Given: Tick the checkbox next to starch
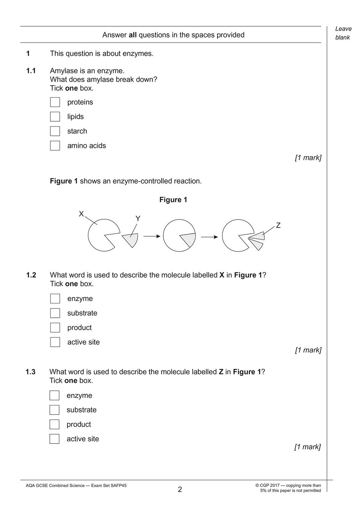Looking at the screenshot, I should [x=55, y=131].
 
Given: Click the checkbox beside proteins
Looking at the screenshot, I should [x=55, y=102].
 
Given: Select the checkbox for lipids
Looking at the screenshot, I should [x=55, y=117].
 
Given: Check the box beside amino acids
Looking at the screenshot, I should [x=55, y=146].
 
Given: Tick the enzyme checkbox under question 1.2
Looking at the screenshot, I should [x=55, y=299].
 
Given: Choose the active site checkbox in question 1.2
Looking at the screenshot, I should [x=55, y=342].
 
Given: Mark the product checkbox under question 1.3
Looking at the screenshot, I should [x=54, y=424].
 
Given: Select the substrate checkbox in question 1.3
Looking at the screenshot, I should [x=54, y=410].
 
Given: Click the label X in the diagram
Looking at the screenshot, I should [x=81, y=214].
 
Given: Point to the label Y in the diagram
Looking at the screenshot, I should [x=138, y=219].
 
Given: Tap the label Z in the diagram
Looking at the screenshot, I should [x=278, y=225].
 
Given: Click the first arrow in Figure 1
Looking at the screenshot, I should [x=152, y=236].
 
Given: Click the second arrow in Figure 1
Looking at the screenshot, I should [x=210, y=237].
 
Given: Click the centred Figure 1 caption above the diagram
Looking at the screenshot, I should [x=173, y=200].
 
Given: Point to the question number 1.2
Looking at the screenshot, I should [x=31, y=275].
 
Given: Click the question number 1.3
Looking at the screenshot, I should [x=30, y=372].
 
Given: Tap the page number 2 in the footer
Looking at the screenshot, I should [x=180, y=490].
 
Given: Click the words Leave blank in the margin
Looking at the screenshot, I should [x=343, y=33].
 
